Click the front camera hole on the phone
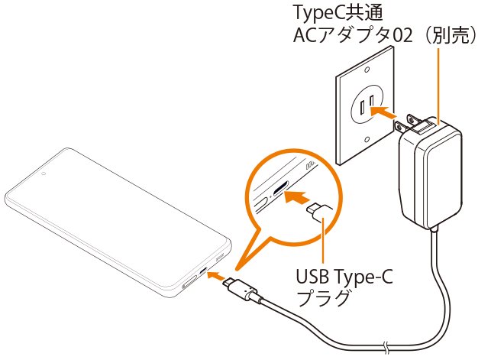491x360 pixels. tap(44, 173)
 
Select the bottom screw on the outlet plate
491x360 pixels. tap(369, 139)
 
